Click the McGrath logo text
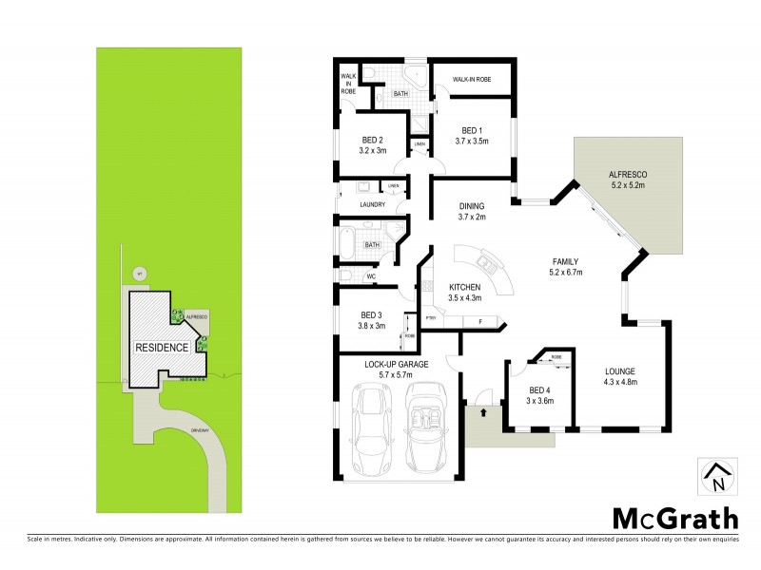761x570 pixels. point(673,519)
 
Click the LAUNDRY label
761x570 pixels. point(371,204)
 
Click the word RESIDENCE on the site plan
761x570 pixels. point(161,347)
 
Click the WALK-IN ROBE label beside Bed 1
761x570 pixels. point(471,79)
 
